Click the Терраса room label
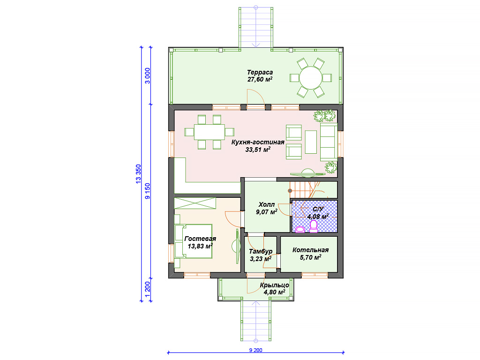pos(260,73)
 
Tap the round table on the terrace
pos(311,78)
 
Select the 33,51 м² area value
pos(258,150)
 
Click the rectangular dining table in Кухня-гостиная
pos(210,132)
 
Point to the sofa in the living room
pos(329,142)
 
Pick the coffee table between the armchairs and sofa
pos(311,142)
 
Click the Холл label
pos(267,204)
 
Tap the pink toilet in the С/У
pos(314,226)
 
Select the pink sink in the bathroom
pos(300,229)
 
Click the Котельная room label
pos(310,250)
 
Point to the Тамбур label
pos(261,251)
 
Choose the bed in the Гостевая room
pos(194,241)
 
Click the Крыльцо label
pos(275,285)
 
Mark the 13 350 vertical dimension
pos(138,174)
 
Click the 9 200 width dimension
pos(255,350)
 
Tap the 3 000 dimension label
pos(148,76)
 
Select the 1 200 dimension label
pos(148,289)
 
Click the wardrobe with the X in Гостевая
pos(195,203)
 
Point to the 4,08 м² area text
pos(318,217)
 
